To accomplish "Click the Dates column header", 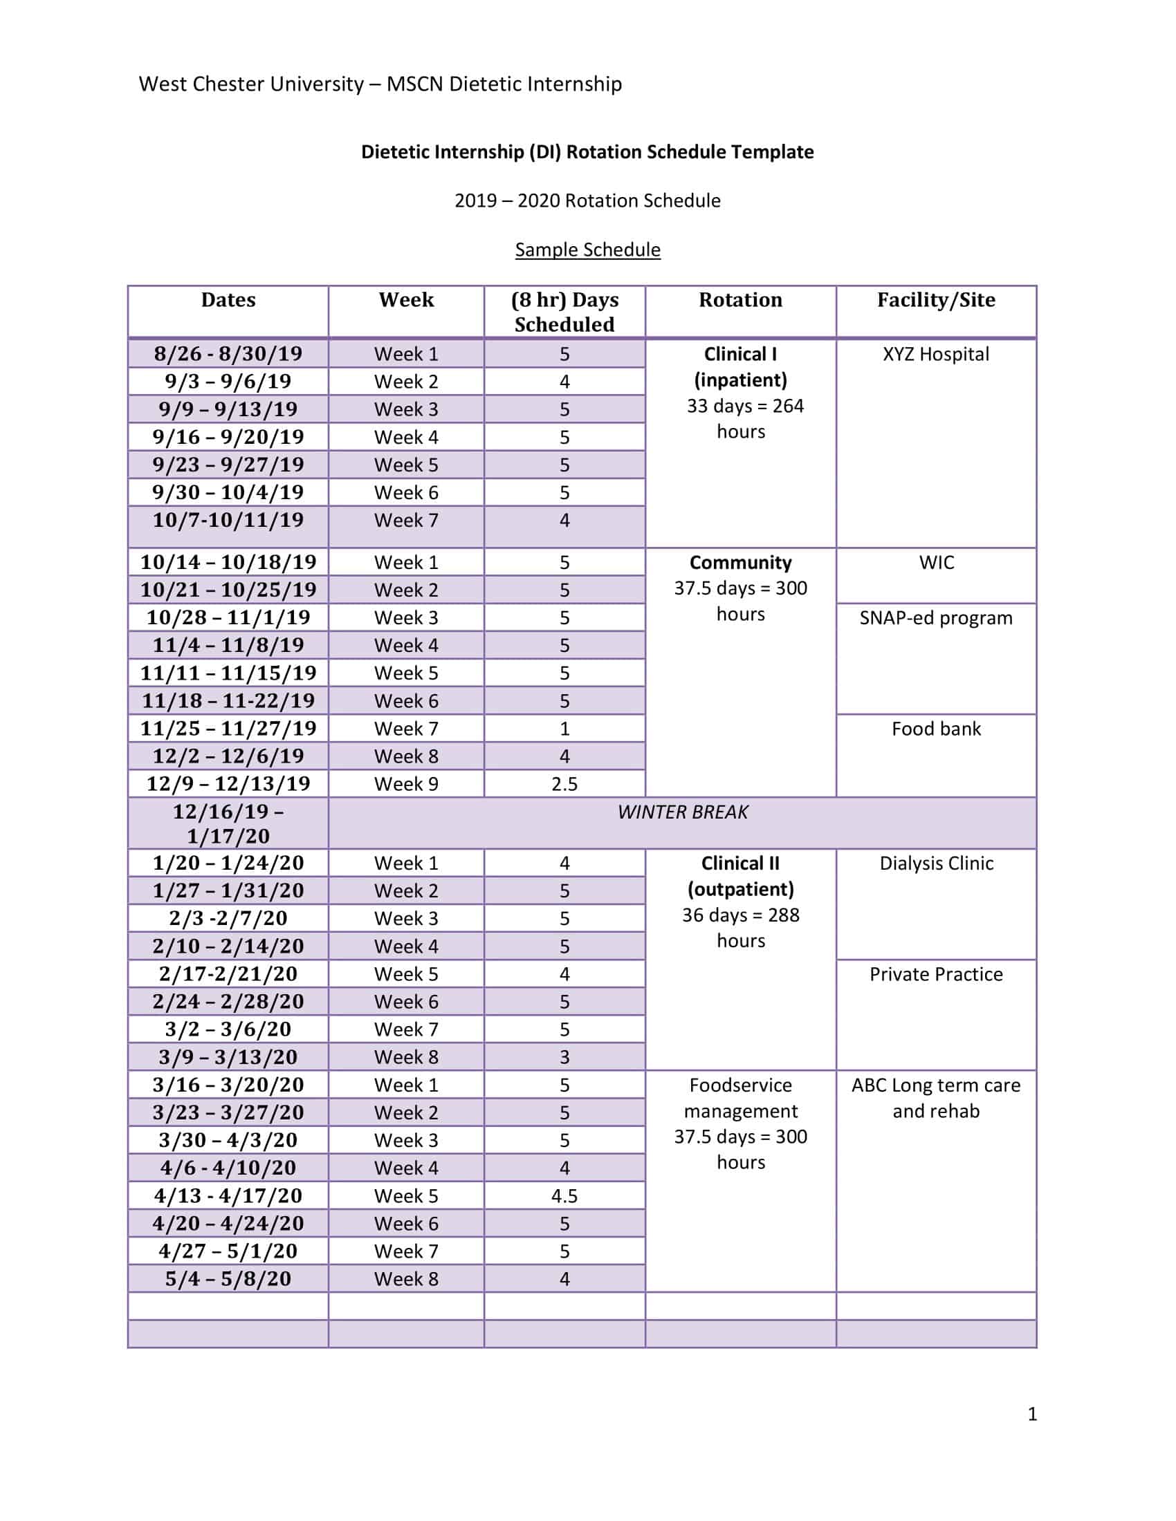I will pos(228,300).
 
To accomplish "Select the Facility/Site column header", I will pos(936,300).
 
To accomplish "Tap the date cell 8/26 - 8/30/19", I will pos(228,354).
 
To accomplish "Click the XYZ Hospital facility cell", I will pos(936,355).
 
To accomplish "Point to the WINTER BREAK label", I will pos(682,812).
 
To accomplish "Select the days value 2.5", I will pos(564,784).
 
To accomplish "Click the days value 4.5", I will pos(564,1196).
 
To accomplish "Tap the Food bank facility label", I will pos(936,729).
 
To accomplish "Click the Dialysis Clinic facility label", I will pos(936,864).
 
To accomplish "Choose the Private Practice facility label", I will pos(936,974).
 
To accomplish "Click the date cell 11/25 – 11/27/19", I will pos(228,729).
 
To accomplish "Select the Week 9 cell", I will pos(406,784).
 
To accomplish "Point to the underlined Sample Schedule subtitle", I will pos(587,250).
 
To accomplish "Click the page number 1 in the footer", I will pos(1032,1414).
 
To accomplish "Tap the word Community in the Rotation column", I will pos(740,563).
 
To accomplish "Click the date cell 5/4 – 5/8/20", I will pos(228,1278).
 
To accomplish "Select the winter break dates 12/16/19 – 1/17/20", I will pos(228,824).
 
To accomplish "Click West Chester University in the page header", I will pos(251,84).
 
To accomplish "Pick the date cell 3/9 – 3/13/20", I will pos(228,1057).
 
